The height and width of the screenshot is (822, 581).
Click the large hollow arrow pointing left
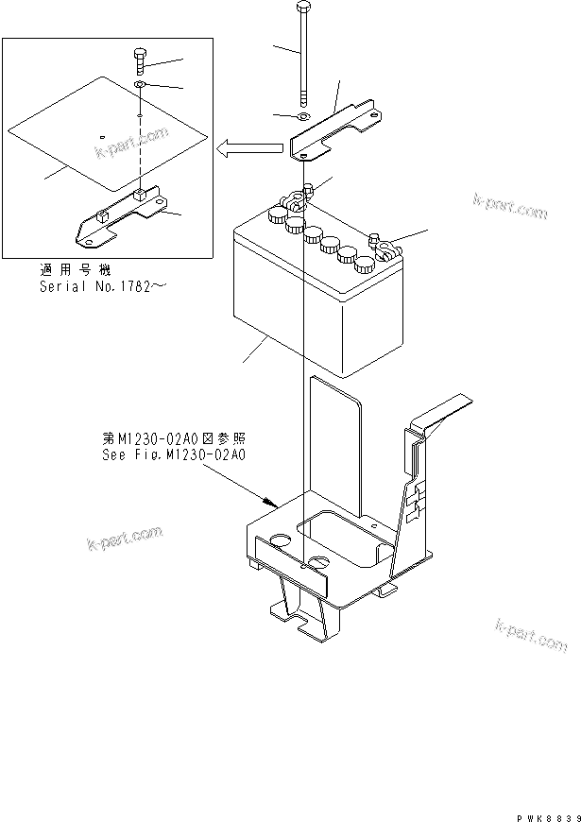click(249, 147)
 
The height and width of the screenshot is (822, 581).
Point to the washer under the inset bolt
click(139, 85)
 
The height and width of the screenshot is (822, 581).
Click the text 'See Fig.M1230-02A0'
click(174, 454)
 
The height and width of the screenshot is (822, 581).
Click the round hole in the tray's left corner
click(280, 540)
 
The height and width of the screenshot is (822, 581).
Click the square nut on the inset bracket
click(138, 197)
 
